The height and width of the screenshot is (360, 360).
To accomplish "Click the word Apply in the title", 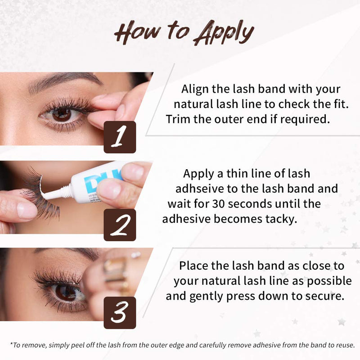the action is (x=224, y=32).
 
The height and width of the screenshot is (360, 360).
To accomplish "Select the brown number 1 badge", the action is (x=120, y=137).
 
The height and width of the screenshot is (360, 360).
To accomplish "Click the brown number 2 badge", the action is (x=120, y=225).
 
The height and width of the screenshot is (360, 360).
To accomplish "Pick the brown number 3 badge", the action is (x=120, y=313).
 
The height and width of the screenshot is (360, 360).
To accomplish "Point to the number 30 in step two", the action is (x=218, y=204).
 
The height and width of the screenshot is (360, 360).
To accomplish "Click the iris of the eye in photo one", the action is (x=62, y=115).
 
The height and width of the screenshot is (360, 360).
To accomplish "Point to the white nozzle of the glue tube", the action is (x=58, y=193).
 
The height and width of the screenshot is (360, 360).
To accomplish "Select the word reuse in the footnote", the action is (x=346, y=345).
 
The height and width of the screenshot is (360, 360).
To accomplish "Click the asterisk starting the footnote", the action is (x=11, y=344).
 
